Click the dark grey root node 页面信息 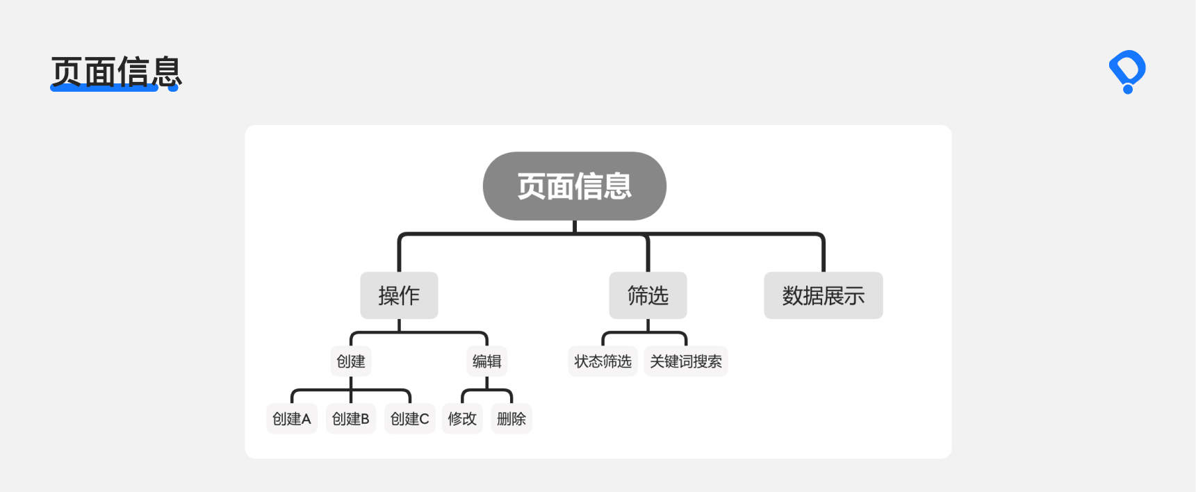point(575,186)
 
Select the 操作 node point(399,295)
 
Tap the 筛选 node point(648,295)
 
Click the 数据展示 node point(824,295)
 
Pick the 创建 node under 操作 point(351,361)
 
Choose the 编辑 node point(486,361)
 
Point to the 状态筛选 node point(603,361)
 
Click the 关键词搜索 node point(686,361)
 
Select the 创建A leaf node point(292,418)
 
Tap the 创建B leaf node point(351,418)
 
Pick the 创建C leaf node point(410,418)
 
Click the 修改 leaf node point(462,418)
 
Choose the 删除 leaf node point(511,418)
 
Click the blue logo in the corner point(1127,72)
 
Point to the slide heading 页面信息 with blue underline point(116,72)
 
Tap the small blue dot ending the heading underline point(173,88)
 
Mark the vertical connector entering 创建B point(351,390)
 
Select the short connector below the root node point(575,227)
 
